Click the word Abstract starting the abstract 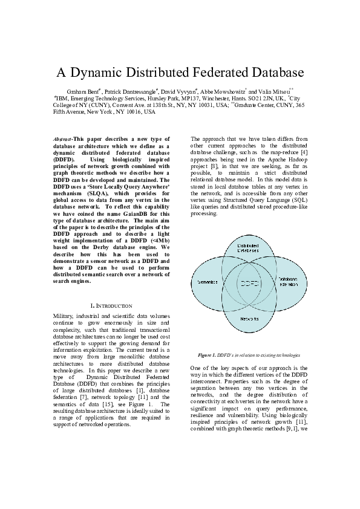pyautogui.click(x=62, y=139)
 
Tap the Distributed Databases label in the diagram pyautogui.click(x=247, y=247)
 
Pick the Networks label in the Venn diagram pyautogui.click(x=249, y=318)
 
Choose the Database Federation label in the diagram pyautogui.click(x=289, y=282)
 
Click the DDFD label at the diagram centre pyautogui.click(x=248, y=282)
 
